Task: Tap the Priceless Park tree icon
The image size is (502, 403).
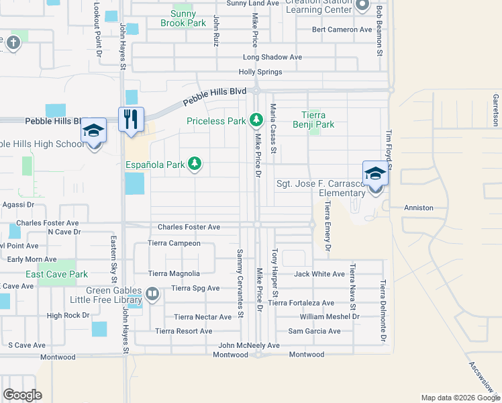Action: click(x=255, y=121)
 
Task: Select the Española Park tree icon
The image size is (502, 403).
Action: click(x=195, y=164)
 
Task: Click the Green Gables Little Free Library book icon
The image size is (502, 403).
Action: click(x=152, y=294)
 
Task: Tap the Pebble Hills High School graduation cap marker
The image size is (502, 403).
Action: click(x=94, y=131)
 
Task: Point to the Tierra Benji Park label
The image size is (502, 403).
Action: click(x=313, y=120)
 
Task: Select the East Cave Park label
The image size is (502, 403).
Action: click(x=57, y=274)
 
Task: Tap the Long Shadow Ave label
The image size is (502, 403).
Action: click(x=272, y=58)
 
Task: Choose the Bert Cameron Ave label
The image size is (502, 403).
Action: click(x=342, y=30)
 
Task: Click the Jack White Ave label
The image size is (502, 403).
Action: click(x=319, y=274)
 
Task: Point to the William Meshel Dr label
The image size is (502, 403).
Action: click(x=330, y=316)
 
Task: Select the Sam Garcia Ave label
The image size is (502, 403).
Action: click(x=314, y=331)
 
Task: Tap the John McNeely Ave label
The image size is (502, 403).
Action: click(x=248, y=345)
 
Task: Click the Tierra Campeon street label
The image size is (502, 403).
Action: click(x=174, y=243)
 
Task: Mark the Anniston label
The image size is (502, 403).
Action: click(x=418, y=208)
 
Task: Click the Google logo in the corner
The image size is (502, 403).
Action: click(x=22, y=395)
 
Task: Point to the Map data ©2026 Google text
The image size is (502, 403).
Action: click(x=460, y=398)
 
